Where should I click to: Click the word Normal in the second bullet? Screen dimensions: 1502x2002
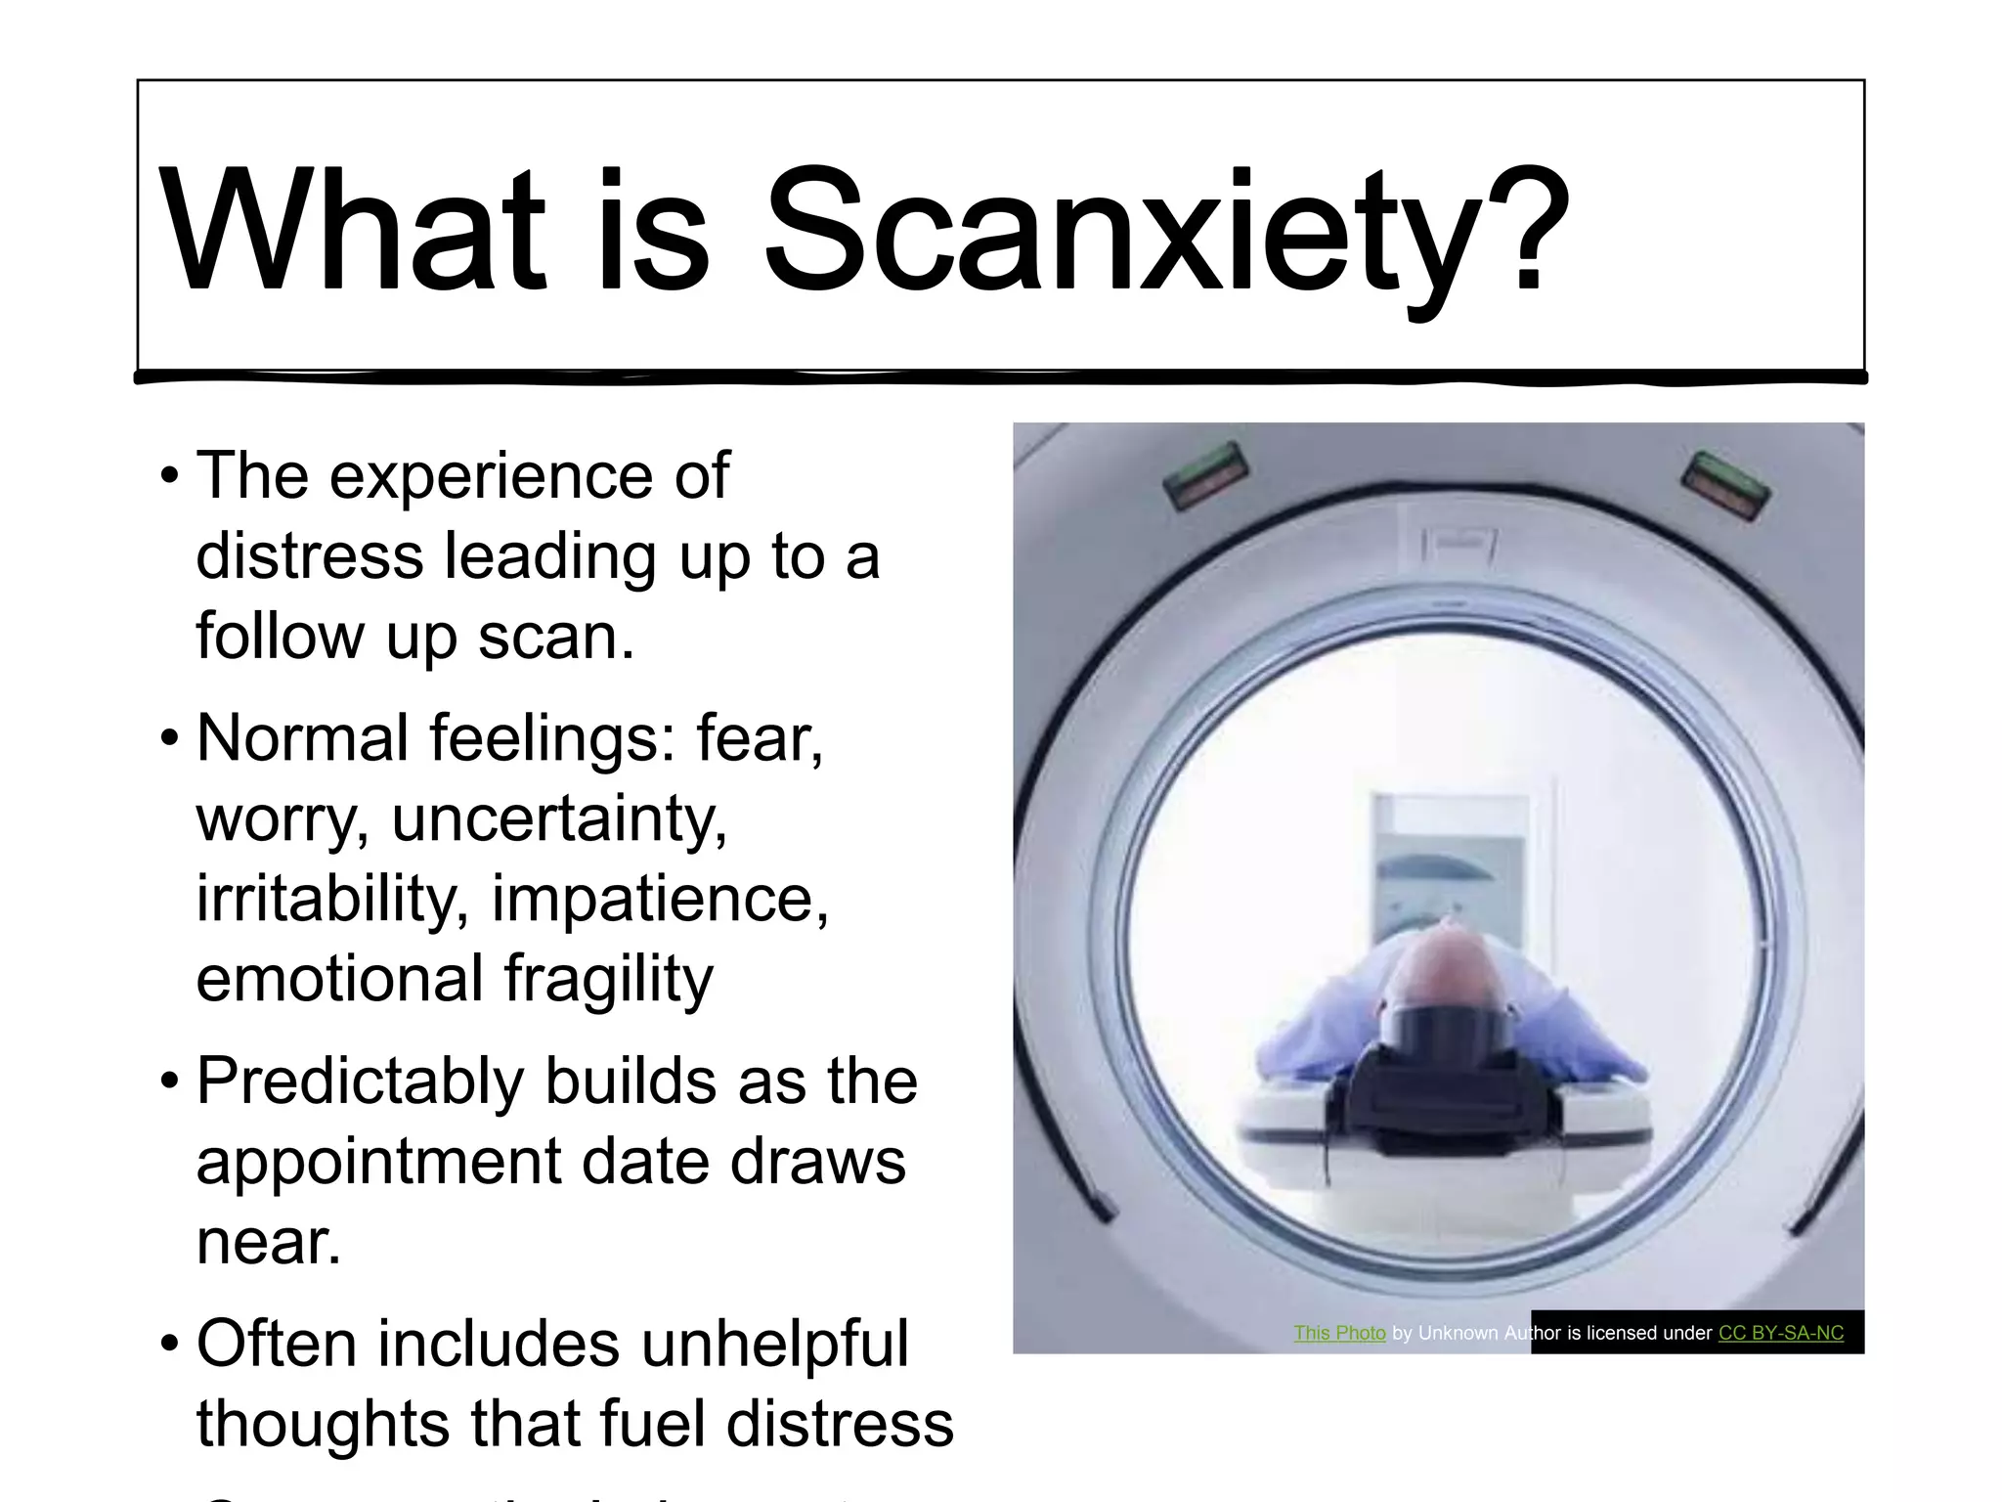302,738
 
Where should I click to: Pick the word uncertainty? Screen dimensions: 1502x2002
559,819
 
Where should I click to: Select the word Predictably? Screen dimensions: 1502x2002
362,1082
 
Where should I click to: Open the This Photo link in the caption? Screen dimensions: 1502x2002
1339,1333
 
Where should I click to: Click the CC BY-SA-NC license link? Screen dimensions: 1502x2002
1781,1333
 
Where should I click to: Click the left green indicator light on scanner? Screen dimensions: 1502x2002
1205,475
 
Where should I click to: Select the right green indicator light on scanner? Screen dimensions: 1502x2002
1725,485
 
